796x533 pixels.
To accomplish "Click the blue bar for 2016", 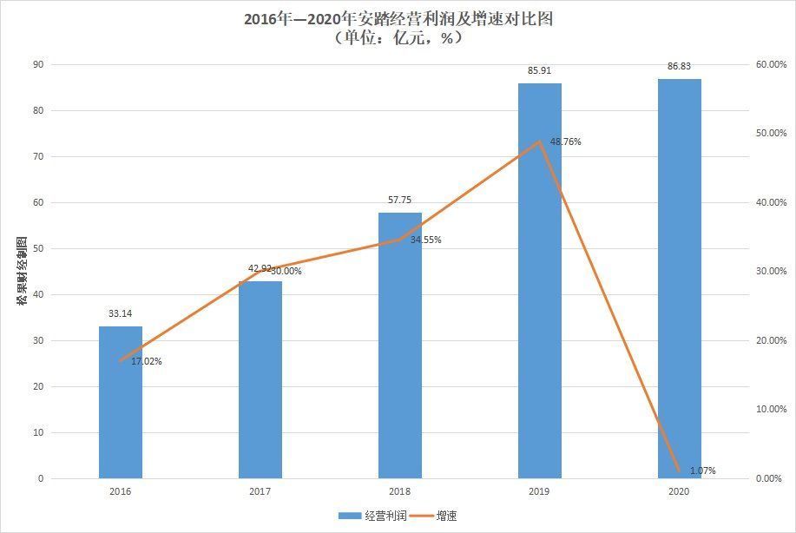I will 121,402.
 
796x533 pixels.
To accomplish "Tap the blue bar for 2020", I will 679,278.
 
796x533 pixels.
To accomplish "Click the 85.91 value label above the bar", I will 539,71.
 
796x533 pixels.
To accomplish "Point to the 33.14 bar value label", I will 121,314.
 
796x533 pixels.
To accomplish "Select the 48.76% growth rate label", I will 565,141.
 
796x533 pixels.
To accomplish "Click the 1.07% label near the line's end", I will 703,470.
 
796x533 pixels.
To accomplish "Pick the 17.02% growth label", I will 147,361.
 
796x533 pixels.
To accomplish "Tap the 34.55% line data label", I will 425,240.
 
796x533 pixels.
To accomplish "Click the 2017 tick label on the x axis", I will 260,491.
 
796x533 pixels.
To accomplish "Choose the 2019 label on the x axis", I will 539,491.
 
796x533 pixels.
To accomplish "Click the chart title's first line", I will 398,19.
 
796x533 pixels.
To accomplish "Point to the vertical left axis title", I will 22,269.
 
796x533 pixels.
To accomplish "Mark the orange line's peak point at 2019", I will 539,141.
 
